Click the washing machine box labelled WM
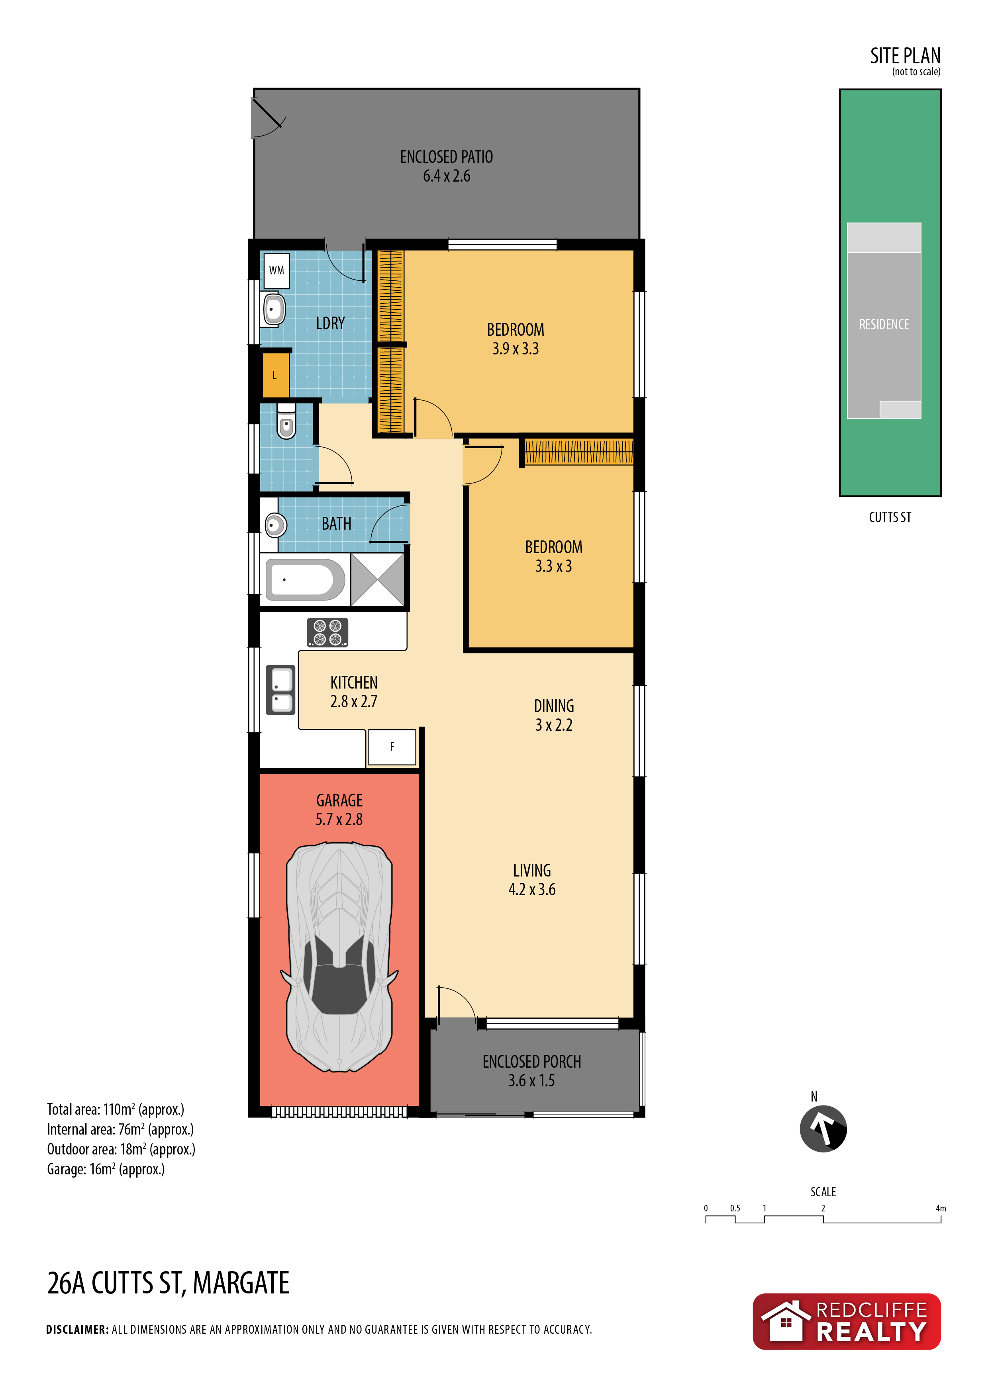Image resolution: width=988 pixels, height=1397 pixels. pos(276,271)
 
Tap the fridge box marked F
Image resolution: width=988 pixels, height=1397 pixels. pos(392,747)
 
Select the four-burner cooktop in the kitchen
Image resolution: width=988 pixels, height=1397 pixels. pos(327,632)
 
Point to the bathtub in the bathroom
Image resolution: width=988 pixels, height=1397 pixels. pos(306,579)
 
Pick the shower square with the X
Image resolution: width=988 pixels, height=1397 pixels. pos(377,579)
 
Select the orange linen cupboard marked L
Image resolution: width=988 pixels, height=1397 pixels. pos(275,376)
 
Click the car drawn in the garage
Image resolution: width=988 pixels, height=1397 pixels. pos(339,957)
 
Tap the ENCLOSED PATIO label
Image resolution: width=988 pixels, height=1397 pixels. pos(446,157)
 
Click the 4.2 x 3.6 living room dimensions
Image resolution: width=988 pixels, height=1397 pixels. pos(532,890)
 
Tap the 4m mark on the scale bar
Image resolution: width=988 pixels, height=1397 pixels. pos(941,1208)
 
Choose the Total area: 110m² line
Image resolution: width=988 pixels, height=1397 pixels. pos(116,1109)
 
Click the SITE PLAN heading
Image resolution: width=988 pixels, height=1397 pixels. pos(905,56)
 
